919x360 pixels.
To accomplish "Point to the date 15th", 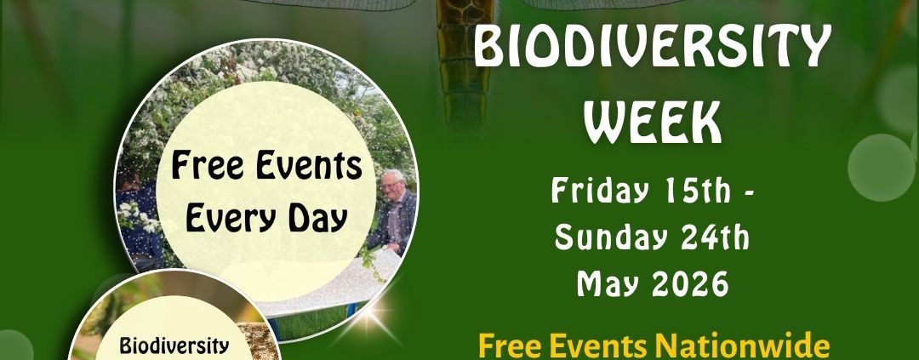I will click(697, 192).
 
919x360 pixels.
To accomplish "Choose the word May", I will click(606, 283).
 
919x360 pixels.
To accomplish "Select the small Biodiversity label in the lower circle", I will click(174, 346).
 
